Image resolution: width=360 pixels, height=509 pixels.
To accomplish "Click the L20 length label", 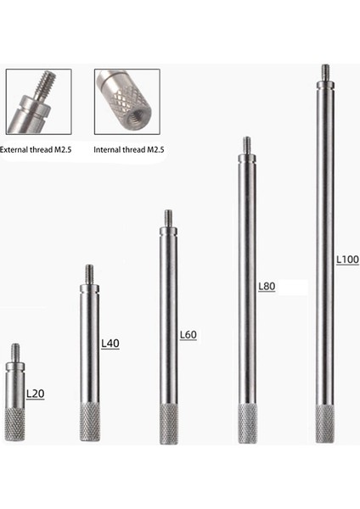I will tap(35, 394).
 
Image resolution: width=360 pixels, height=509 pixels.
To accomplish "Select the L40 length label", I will tap(110, 344).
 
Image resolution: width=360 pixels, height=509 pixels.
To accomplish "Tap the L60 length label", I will tap(188, 334).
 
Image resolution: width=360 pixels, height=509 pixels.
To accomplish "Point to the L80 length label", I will tap(267, 287).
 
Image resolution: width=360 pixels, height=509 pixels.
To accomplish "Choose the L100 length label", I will tap(346, 258).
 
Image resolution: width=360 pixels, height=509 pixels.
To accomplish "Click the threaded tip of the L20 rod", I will tap(15, 351).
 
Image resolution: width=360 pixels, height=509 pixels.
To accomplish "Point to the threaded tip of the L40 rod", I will tap(89, 273).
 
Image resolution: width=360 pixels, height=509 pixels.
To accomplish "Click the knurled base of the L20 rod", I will tap(15, 423).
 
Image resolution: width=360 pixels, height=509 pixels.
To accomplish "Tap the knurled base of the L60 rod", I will tap(168, 424).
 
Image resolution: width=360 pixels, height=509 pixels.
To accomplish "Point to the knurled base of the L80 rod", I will tap(246, 424).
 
